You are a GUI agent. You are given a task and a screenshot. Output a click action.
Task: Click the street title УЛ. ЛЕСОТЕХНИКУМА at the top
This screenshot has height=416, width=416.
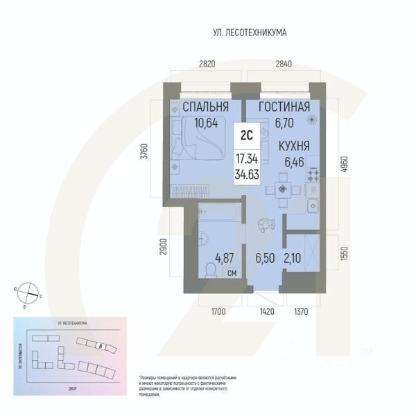point(250,33)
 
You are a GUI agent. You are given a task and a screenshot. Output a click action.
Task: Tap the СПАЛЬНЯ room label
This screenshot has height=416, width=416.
point(205,107)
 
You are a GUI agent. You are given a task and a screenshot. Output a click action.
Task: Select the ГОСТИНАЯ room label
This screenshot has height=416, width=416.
point(284,107)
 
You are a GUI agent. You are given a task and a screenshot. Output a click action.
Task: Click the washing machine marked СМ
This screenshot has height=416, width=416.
point(233,273)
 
